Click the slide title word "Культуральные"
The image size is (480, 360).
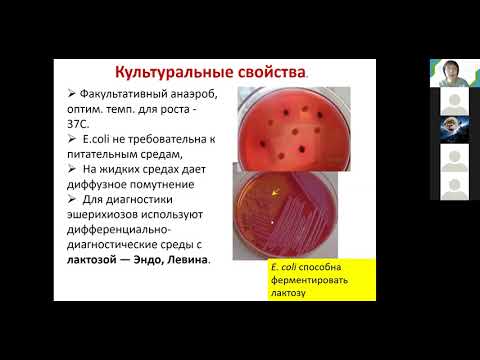[x=166, y=72]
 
